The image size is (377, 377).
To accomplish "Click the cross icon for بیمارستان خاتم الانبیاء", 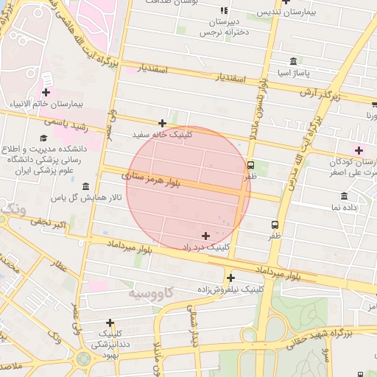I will click(46, 92).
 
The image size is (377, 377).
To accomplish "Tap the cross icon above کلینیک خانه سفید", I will click(163, 123).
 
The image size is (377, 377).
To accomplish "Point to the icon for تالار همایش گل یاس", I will click(86, 186).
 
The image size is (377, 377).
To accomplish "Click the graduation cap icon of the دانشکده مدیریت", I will click(43, 138).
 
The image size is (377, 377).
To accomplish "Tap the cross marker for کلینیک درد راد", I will click(205, 236).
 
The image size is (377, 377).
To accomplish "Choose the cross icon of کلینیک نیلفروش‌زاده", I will click(231, 278).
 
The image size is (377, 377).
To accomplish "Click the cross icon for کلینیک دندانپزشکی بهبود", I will click(110, 322).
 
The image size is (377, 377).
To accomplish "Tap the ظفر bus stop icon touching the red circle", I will click(251, 165).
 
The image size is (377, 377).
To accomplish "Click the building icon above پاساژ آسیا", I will click(294, 61).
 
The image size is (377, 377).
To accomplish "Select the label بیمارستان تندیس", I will click(288, 13).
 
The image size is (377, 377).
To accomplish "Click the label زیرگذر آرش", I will click(320, 94).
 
